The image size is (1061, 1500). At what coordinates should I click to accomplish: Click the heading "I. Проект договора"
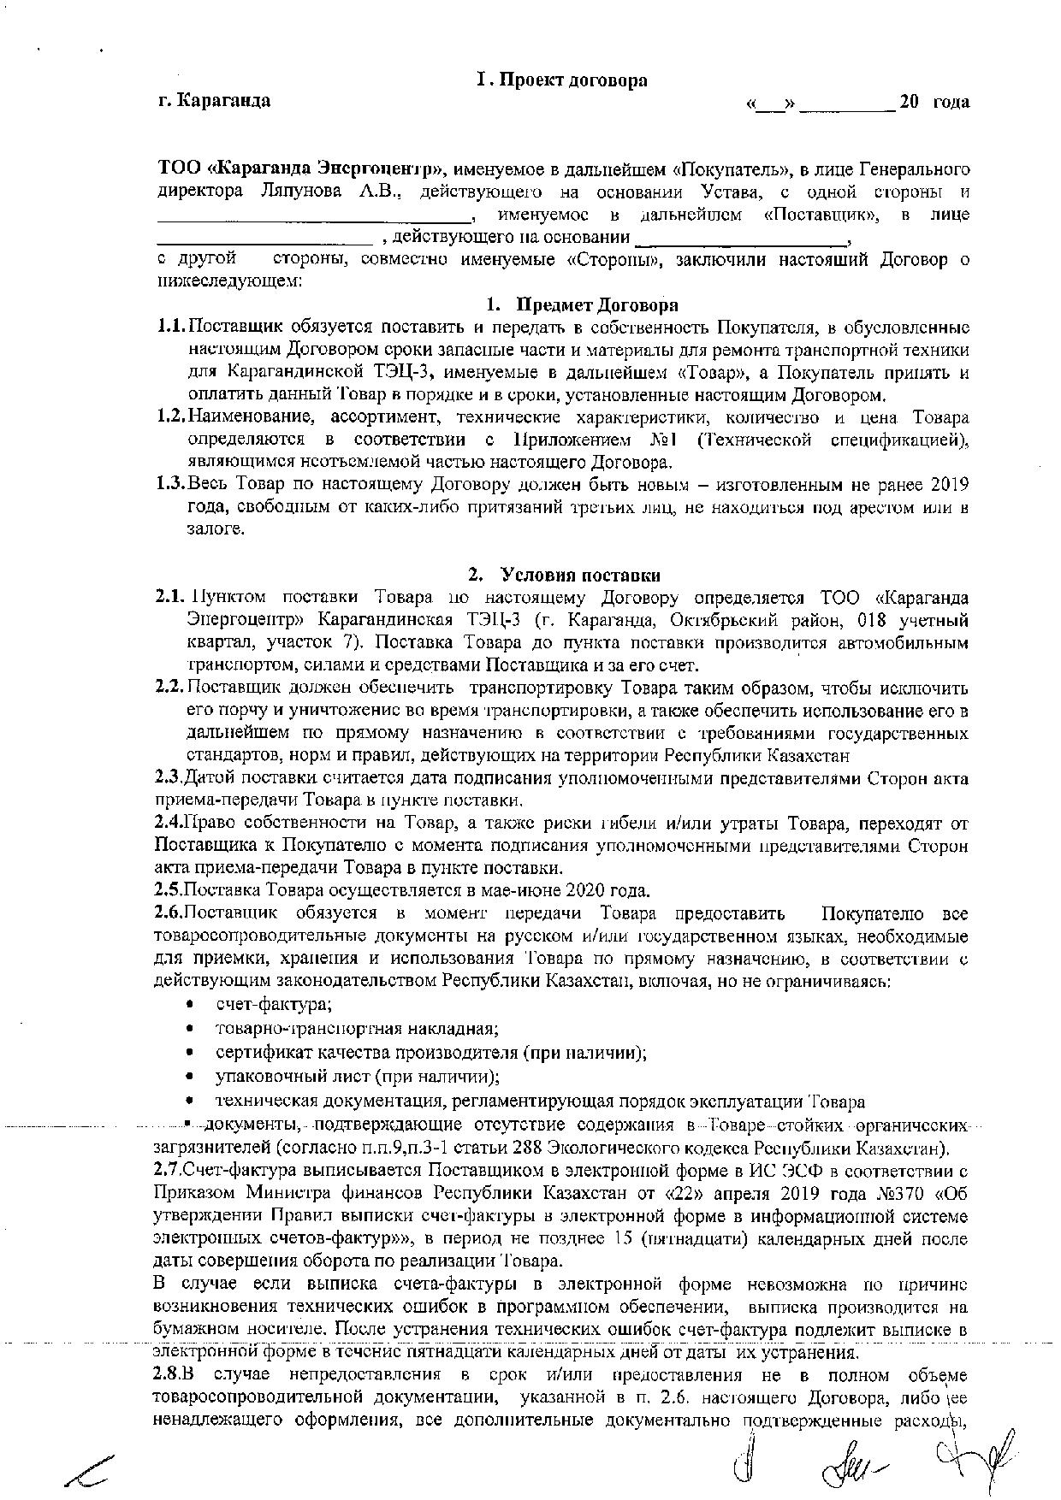click(561, 80)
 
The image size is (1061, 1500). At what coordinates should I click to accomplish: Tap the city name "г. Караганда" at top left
click(214, 101)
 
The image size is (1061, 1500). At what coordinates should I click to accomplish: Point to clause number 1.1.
click(171, 328)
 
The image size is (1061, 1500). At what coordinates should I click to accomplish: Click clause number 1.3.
click(171, 484)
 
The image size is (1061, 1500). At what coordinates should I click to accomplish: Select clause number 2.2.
click(169, 688)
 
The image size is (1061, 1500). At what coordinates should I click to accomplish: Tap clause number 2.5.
click(169, 887)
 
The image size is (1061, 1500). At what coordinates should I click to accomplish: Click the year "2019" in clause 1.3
click(947, 484)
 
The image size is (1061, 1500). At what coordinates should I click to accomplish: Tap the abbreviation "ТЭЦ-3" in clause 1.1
click(406, 373)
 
